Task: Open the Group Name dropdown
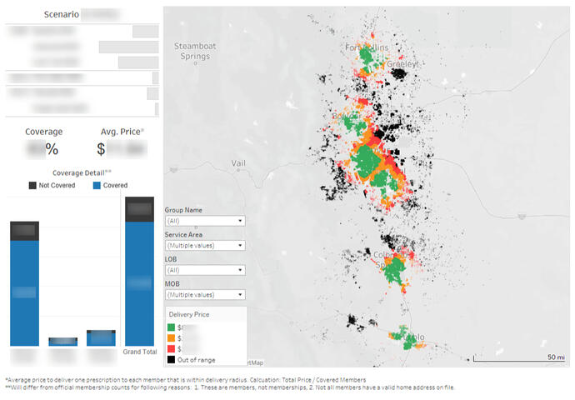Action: (204, 221)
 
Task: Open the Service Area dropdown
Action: (204, 246)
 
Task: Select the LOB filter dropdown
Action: (204, 270)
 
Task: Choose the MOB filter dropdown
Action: (204, 295)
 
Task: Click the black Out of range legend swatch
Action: (172, 360)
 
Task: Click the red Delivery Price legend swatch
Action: (172, 349)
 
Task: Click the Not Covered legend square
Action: (32, 184)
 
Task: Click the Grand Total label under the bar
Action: (140, 352)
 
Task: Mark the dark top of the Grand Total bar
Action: (140, 209)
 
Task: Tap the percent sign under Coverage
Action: (52, 150)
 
